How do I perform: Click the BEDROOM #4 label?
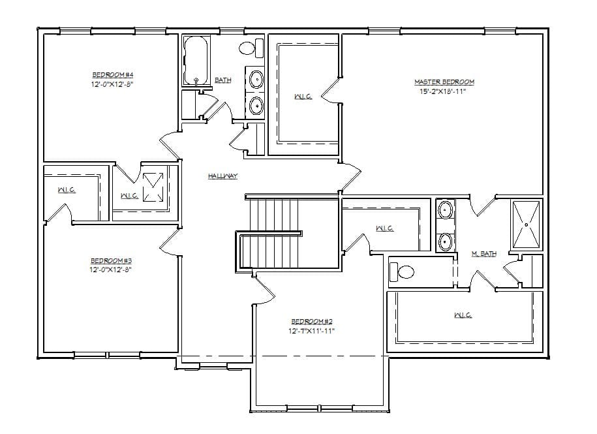(x=112, y=75)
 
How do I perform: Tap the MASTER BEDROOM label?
(x=444, y=82)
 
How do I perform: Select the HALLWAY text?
(x=222, y=176)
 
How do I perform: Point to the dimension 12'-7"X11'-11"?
(x=312, y=331)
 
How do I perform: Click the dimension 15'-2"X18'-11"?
(x=444, y=91)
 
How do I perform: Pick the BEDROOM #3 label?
(x=112, y=260)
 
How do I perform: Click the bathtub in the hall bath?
(x=194, y=61)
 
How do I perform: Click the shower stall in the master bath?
(x=527, y=225)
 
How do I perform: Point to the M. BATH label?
(x=483, y=254)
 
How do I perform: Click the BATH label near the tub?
(x=223, y=80)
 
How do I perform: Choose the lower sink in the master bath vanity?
(x=445, y=241)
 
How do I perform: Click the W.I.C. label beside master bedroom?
(x=303, y=97)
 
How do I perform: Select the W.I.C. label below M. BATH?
(x=463, y=315)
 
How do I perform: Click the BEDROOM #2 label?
(x=312, y=322)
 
